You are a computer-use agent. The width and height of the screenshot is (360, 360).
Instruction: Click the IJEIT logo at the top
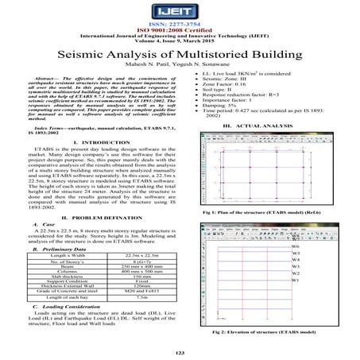tap(180, 14)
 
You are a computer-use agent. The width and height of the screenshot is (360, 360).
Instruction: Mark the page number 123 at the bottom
tap(180, 353)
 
